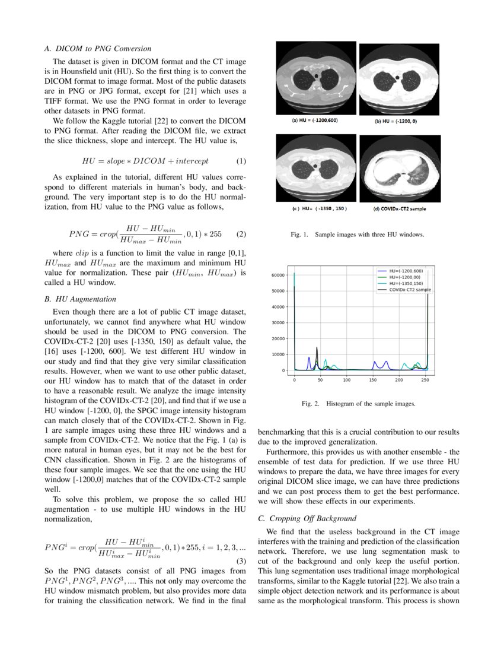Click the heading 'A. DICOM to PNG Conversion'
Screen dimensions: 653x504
tap(98, 49)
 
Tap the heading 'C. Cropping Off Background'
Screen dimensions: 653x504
tap(307, 518)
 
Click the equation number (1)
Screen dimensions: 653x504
tap(241, 161)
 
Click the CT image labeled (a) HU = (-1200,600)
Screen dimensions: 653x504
tap(316, 77)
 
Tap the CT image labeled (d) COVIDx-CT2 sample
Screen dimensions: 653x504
tap(400, 169)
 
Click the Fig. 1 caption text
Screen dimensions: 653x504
tap(357, 235)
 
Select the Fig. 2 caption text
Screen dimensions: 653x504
tap(358, 404)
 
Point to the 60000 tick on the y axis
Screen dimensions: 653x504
tap(279, 275)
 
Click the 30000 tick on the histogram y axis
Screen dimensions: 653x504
tap(279, 323)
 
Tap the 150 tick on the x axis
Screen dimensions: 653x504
tap(373, 380)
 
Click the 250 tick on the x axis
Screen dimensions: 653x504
tap(425, 380)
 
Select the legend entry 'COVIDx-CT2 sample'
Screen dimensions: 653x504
tap(410, 290)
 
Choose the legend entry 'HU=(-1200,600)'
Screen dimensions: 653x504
tap(406, 271)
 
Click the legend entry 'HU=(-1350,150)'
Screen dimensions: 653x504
tap(406, 283)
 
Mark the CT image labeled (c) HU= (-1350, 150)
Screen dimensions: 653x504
tap(316, 169)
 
